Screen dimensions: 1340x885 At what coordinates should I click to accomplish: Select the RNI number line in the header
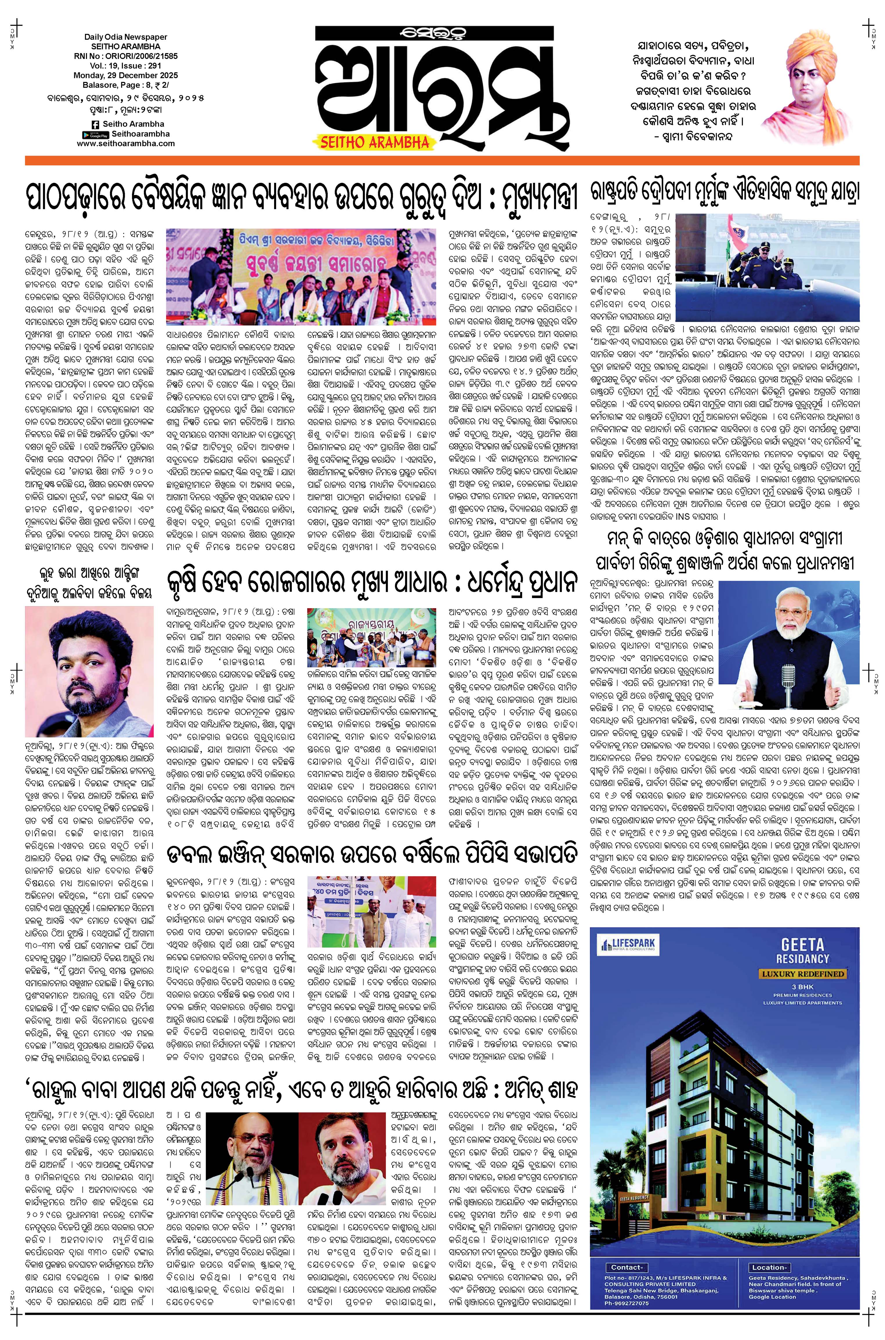click(125, 57)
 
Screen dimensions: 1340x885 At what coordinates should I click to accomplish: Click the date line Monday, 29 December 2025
click(125, 75)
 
